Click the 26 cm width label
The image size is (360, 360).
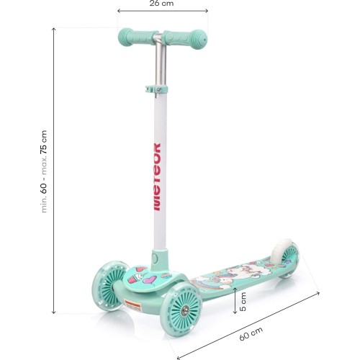coord(161,4)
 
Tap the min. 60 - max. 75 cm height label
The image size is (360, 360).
coord(44,171)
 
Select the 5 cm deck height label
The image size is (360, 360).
coord(243,302)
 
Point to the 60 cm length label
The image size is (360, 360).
coord(251,333)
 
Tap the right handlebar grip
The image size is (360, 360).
coord(186,40)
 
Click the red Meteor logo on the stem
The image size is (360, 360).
coord(157,177)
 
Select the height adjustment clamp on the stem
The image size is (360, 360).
coord(156,89)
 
